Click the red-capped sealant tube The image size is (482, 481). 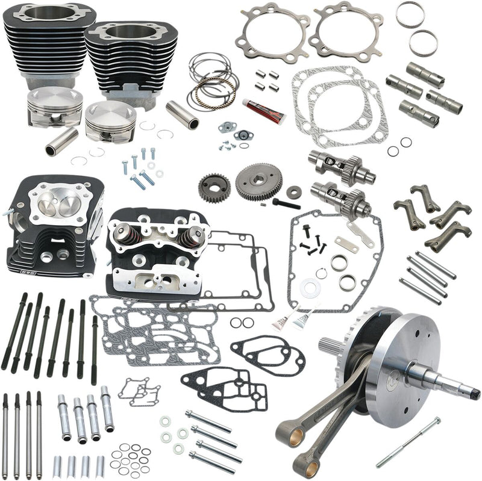[264, 110]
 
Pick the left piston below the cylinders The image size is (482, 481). [55, 105]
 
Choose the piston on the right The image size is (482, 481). [111, 121]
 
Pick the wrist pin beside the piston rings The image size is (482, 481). [183, 114]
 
